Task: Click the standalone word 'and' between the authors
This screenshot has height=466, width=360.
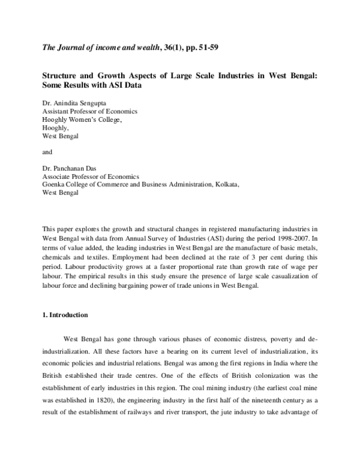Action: [47, 152]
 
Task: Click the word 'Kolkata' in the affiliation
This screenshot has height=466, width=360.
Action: [227, 186]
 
